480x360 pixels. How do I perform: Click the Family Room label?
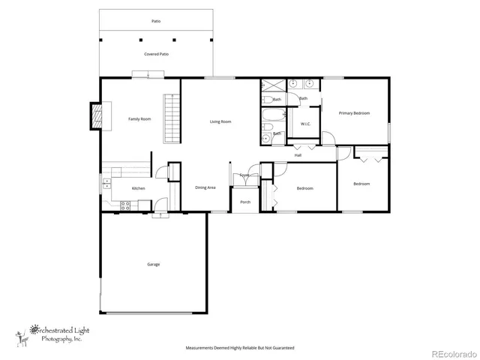point(139,119)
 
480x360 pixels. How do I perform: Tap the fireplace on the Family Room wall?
point(95,115)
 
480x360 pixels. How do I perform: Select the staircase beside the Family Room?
point(172,118)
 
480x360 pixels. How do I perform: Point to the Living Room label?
point(220,121)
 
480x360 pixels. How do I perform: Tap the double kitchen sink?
point(106,181)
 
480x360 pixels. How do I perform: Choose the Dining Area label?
point(205,187)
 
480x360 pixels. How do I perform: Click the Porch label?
point(245,202)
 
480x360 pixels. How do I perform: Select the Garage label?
point(153,264)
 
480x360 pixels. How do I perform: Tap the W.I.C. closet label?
point(306,124)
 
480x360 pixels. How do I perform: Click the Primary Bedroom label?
point(354,113)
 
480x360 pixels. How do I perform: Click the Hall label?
point(298,155)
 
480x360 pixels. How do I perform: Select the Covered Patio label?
point(156,55)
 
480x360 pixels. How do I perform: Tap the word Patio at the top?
point(156,21)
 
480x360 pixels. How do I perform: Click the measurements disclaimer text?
point(240,348)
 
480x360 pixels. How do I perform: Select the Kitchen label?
point(139,188)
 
